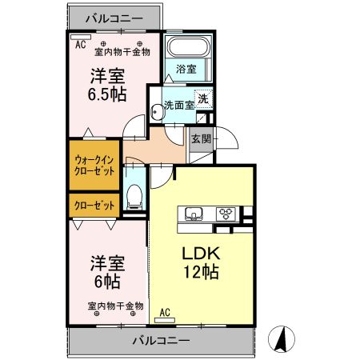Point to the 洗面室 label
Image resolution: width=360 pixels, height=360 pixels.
click(x=178, y=105)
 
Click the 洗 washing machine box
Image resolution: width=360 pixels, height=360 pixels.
click(x=204, y=99)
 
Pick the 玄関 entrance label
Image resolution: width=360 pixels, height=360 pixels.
click(x=201, y=138)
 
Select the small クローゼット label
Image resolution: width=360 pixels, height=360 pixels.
click(x=94, y=206)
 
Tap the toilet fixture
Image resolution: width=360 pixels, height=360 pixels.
click(x=135, y=194)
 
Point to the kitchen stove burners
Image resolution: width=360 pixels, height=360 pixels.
click(x=224, y=214)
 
